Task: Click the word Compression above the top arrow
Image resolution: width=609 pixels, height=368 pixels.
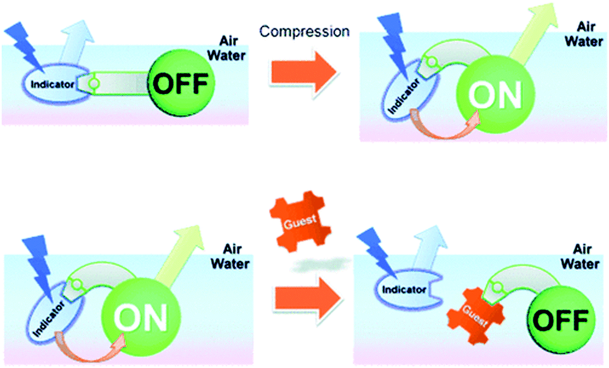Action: [304, 31]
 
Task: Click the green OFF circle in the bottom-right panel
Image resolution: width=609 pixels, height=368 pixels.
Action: [559, 320]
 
